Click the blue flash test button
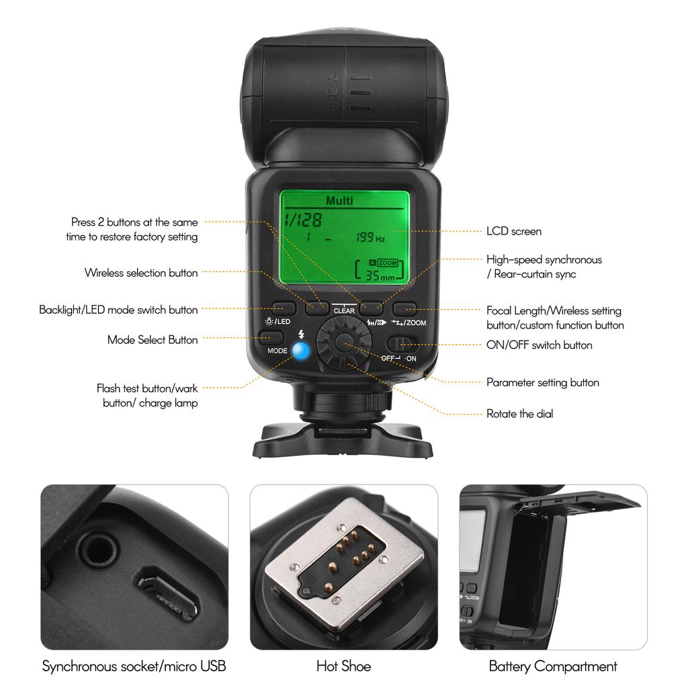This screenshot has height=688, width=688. pos(300,350)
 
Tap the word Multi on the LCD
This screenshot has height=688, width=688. pos(339,200)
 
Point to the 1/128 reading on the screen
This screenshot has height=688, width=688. pos(302,219)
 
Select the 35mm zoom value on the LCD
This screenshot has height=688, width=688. pos(380,275)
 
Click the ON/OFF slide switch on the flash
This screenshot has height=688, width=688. pos(402,345)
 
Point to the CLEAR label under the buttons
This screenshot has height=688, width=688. pos(344,311)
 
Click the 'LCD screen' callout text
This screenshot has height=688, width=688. pos(513,231)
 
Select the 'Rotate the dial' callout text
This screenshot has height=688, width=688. pos(519,414)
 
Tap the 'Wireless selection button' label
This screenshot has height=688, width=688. pos(141,273)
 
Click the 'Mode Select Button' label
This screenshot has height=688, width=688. pos(153,340)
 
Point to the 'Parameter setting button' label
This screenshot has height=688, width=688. pos(542,382)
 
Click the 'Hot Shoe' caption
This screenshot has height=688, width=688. pos(343,666)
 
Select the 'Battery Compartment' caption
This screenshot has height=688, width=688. pos(552,666)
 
